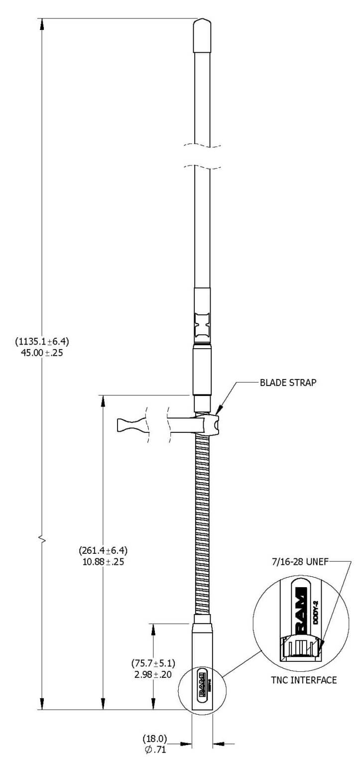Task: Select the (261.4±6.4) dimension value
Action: coord(104,551)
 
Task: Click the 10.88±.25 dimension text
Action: coord(104,562)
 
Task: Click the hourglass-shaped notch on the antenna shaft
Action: coord(202,324)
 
